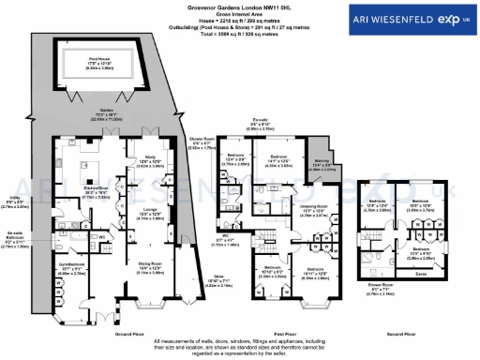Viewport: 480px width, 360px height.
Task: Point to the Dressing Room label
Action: coord(312,206)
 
